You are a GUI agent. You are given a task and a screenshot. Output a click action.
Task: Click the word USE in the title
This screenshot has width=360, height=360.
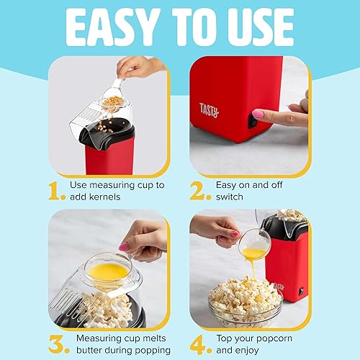click(257, 27)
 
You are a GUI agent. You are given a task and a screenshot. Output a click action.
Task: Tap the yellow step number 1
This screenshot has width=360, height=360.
click(56, 191)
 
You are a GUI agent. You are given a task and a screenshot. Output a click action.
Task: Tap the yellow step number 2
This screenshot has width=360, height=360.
click(199, 191)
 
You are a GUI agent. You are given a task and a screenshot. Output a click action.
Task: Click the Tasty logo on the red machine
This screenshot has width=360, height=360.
click(210, 109)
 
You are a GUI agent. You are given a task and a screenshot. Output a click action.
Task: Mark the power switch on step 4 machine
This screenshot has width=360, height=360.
click(300, 291)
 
